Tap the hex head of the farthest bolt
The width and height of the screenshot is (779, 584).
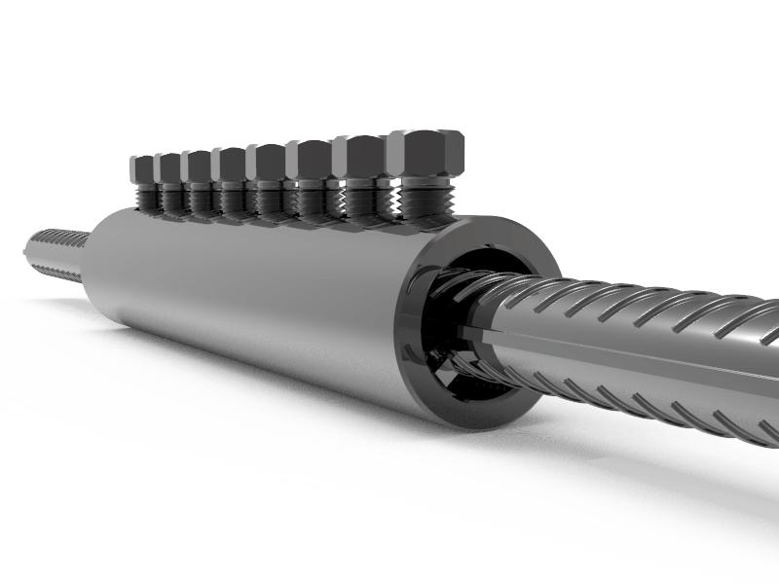tap(145, 167)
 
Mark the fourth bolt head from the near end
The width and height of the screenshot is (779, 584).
tap(266, 161)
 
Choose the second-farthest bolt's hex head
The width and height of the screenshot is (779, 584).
tap(170, 166)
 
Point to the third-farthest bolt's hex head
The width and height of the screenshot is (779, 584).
tap(199, 165)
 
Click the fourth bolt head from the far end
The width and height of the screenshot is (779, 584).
tap(231, 163)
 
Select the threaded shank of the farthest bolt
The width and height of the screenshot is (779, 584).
tap(146, 199)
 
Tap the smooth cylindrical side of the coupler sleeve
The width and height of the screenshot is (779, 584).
tap(253, 292)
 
